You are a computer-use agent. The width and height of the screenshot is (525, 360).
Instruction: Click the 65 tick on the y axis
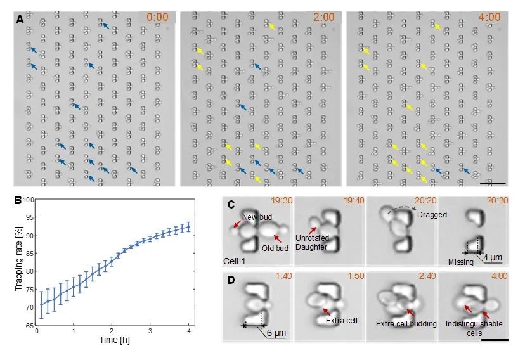coord(30,325)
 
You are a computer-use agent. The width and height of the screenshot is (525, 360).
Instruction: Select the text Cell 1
coord(235,260)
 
